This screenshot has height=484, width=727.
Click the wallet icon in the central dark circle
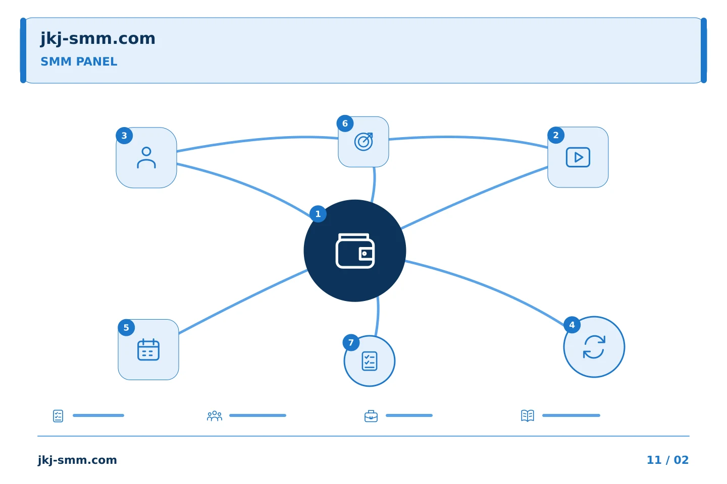pos(355,251)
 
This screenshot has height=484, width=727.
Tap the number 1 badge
pos(318,214)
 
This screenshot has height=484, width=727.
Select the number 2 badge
pos(556,135)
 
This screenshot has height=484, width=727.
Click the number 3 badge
pos(124,136)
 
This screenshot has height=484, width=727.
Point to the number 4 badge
pos(572,325)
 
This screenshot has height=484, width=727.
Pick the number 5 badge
pos(126,328)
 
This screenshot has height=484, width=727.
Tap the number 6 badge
pos(345,124)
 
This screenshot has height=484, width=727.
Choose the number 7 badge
pos(351,343)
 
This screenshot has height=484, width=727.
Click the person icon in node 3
pos(146,158)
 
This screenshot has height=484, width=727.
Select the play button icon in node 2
pos(578,157)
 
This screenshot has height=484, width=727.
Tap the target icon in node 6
pos(363,142)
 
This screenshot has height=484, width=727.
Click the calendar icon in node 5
pos(148,349)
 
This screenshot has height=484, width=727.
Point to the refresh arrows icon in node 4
pos(594,347)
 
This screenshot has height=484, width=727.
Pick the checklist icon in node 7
pos(370,361)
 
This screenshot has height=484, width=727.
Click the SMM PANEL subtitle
pos(79,62)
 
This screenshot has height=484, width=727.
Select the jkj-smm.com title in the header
pos(98,39)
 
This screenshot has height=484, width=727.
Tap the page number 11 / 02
pos(667,460)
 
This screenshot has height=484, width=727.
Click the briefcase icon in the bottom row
pos(371,416)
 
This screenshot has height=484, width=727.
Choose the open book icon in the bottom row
pos(528,415)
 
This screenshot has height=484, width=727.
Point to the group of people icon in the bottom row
pos(215,416)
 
